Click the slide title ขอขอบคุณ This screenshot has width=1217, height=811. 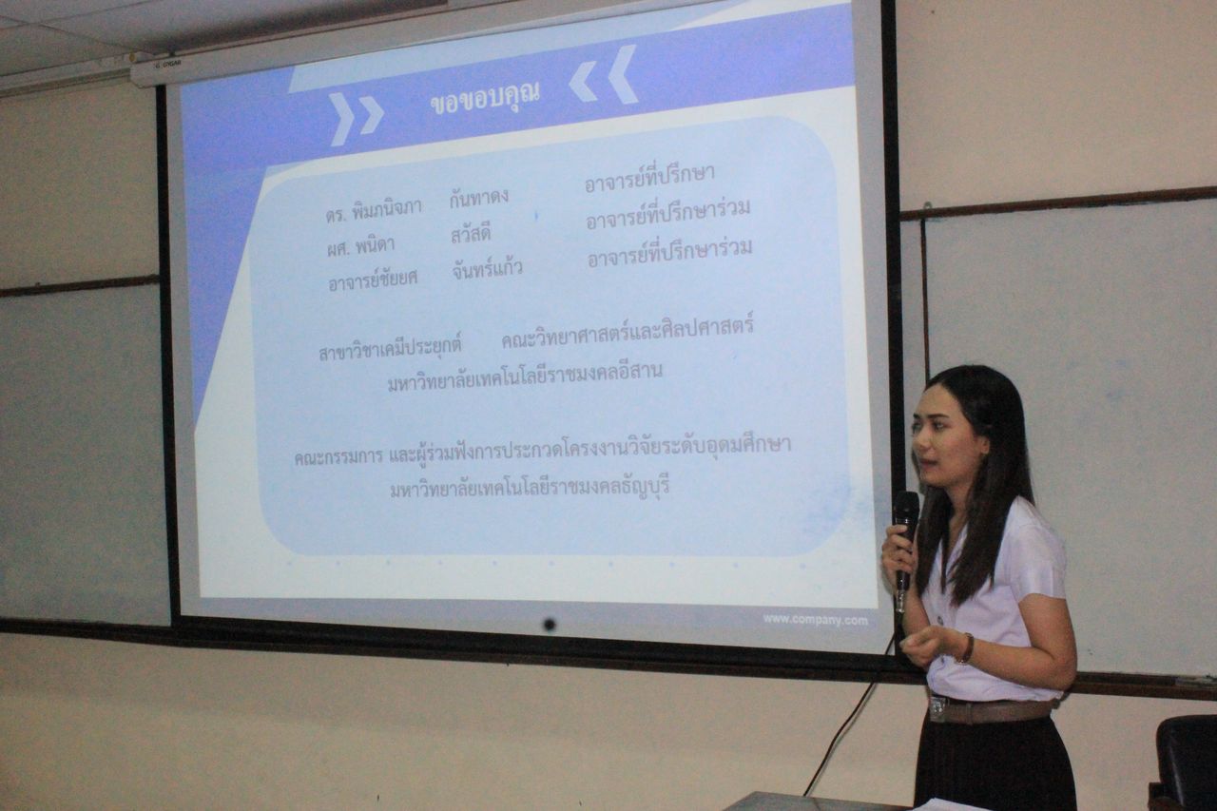tap(485, 98)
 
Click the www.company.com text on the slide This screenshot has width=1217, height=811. tap(815, 620)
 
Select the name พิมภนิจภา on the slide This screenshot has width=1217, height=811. tap(387, 209)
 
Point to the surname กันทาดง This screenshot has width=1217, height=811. tap(478, 197)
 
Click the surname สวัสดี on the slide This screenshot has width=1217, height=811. tap(471, 235)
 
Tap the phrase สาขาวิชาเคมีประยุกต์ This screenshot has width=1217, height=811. tap(390, 349)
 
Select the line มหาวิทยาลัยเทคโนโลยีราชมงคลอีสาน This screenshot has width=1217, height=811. tap(525, 377)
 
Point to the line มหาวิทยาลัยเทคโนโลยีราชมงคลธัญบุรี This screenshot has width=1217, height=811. tap(530, 486)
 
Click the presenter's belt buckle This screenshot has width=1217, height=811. tap(937, 707)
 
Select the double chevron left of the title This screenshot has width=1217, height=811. tap(356, 119)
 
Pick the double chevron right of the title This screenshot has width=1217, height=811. tap(604, 75)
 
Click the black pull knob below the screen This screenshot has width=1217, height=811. tap(550, 624)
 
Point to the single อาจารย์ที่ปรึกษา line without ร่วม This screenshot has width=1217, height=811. tap(649, 177)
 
